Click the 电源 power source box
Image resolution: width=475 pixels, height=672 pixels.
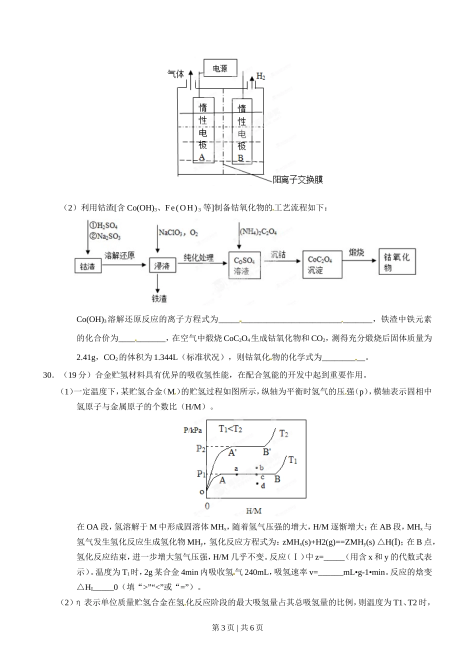(x=220, y=68)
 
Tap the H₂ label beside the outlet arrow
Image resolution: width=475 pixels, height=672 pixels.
(x=260, y=76)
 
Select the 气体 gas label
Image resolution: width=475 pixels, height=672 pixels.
(x=175, y=74)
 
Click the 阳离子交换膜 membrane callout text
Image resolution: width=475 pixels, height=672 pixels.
(x=297, y=179)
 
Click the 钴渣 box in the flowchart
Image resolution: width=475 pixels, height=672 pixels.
(x=87, y=266)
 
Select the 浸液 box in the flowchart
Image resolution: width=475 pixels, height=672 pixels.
(x=163, y=266)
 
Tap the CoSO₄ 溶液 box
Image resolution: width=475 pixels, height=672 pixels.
(x=244, y=265)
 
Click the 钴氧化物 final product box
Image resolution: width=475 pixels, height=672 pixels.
(x=397, y=261)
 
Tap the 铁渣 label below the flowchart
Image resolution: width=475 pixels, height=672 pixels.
(x=158, y=298)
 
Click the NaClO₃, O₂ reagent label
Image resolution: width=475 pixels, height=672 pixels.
(x=178, y=232)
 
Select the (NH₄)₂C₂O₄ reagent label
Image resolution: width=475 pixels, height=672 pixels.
(x=258, y=231)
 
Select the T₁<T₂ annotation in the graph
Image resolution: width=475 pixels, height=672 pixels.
(x=230, y=428)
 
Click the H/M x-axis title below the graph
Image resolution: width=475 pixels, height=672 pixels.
(x=254, y=510)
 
